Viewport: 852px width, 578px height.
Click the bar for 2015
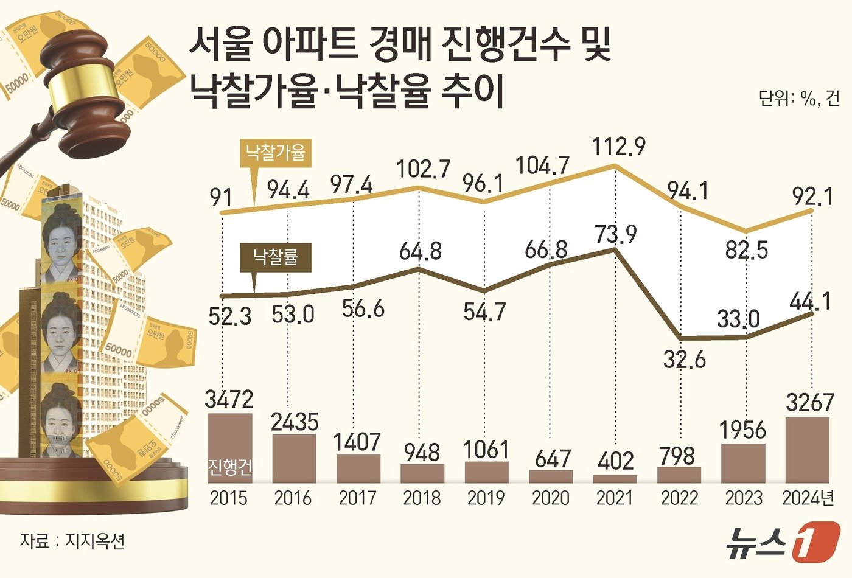pyautogui.click(x=229, y=448)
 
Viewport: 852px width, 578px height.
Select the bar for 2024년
pyautogui.click(x=808, y=450)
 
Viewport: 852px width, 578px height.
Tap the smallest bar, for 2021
pyautogui.click(x=615, y=479)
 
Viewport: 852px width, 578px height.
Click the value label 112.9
pyautogui.click(x=618, y=146)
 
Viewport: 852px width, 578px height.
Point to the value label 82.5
pyautogui.click(x=746, y=250)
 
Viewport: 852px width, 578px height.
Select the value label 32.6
pyautogui.click(x=685, y=360)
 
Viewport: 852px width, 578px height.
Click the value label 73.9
pyautogui.click(x=615, y=233)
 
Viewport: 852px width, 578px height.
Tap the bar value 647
pyautogui.click(x=551, y=458)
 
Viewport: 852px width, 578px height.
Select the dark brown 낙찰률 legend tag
pyautogui.click(x=275, y=257)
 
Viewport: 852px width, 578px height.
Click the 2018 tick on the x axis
pyautogui.click(x=422, y=498)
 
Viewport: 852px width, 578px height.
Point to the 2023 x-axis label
pyautogui.click(x=744, y=498)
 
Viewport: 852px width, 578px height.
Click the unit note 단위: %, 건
pyautogui.click(x=798, y=99)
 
